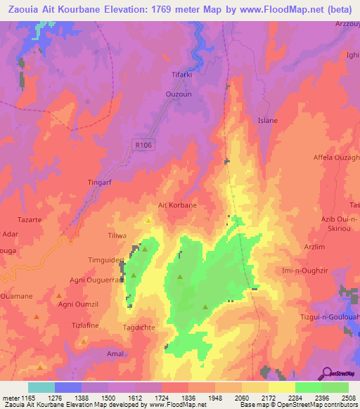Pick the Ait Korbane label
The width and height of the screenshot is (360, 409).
[x=177, y=205]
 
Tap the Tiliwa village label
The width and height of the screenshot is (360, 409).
[x=116, y=235]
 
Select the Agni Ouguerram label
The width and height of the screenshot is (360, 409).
[x=96, y=279]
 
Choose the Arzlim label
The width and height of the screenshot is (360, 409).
[x=315, y=247]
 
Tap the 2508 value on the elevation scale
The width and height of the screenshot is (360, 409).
[x=348, y=397]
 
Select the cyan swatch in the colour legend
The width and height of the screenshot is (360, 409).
[x=41, y=387]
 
